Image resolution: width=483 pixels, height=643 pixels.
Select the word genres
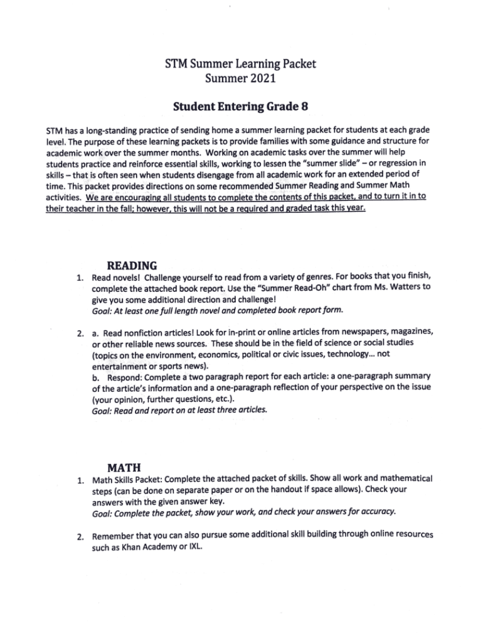pyautogui.click(x=342, y=277)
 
